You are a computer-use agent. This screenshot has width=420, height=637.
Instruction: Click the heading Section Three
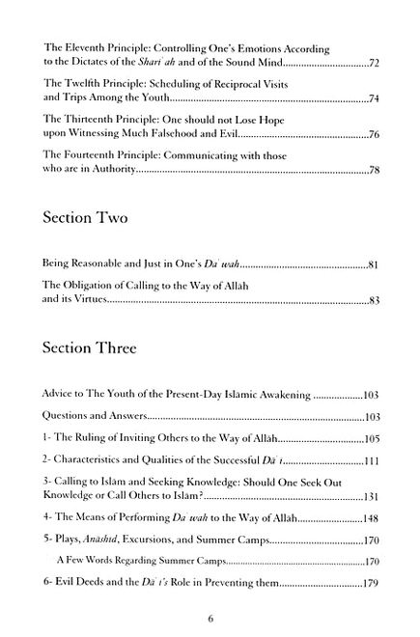point(98,346)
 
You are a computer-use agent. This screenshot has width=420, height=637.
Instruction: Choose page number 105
point(369,438)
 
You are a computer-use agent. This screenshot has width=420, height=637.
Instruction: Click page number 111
point(369,460)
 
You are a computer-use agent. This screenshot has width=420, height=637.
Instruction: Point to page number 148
point(369,520)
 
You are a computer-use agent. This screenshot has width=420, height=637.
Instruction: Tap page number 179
point(369,585)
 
